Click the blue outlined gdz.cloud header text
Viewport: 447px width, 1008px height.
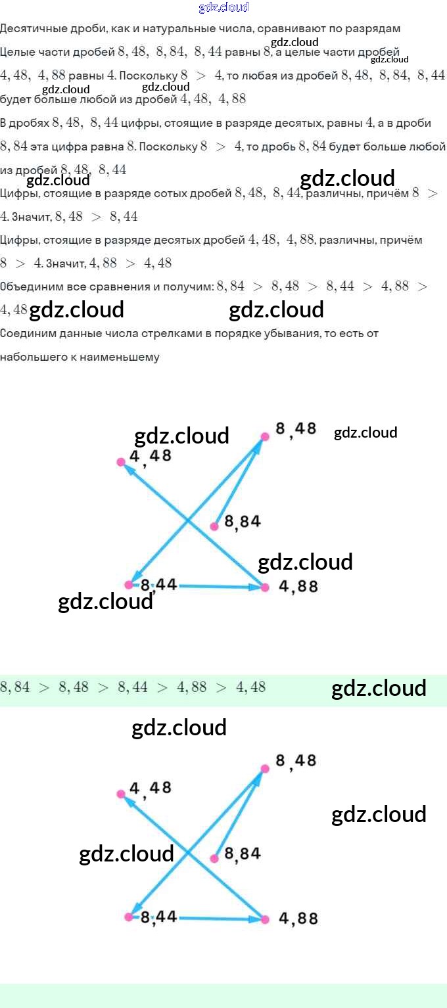pyautogui.click(x=223, y=8)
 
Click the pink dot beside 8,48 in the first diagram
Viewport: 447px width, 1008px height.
pyautogui.click(x=265, y=436)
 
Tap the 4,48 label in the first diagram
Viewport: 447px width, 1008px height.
pyautogui.click(x=151, y=455)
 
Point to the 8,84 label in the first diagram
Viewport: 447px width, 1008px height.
pyautogui.click(x=243, y=522)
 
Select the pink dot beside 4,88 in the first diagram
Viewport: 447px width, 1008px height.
pyautogui.click(x=265, y=587)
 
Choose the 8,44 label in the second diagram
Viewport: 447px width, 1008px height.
pyautogui.click(x=158, y=917)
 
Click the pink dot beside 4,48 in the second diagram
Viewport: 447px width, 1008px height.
pyautogui.click(x=121, y=794)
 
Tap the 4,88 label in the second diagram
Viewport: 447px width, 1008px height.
pyautogui.click(x=298, y=918)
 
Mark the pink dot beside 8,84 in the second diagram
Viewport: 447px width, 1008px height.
pyautogui.click(x=214, y=858)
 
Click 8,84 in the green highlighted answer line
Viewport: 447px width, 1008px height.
pyautogui.click(x=15, y=687)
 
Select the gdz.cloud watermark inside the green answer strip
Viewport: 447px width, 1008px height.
pyautogui.click(x=379, y=688)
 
